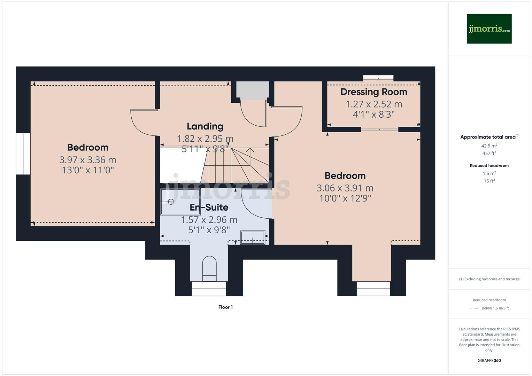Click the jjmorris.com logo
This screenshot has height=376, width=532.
coord(489,29)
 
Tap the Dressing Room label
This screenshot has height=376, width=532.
coord(373,92)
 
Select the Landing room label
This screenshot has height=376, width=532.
coord(205,126)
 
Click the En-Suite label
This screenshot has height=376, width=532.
coord(209,207)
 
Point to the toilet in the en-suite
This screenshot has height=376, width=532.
coord(209,268)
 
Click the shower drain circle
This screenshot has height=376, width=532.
coord(171,202)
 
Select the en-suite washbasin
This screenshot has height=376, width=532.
coord(253,238)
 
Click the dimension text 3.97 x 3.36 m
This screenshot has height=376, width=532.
coord(87,160)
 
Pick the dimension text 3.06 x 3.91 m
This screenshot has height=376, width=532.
coord(345,188)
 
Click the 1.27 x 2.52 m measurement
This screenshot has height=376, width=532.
coord(373,104)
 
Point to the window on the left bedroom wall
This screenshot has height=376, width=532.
coord(23,153)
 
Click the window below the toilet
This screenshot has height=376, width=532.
coord(209,289)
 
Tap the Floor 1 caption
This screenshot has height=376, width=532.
coord(225,307)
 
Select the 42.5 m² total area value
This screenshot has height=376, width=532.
coord(489,146)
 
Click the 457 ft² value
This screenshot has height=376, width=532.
coord(489,153)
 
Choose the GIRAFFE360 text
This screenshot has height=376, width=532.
coord(489,360)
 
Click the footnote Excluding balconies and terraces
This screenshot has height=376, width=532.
coord(489,279)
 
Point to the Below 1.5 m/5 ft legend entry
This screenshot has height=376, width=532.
coord(495,308)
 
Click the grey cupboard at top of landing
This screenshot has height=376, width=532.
coord(253,90)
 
